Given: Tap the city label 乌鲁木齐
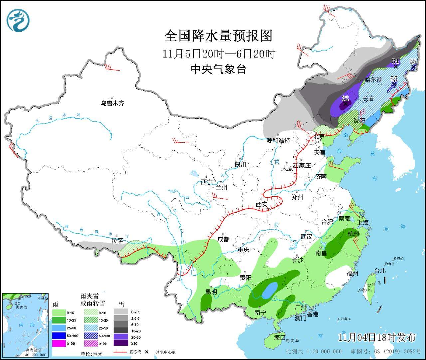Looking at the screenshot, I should (x=113, y=103).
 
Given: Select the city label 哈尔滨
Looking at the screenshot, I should (x=374, y=80).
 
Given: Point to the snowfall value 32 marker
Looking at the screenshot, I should (x=345, y=99).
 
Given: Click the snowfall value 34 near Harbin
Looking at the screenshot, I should (x=395, y=61).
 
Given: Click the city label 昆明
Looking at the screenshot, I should (x=211, y=292).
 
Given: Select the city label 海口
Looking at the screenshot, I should (x=280, y=337).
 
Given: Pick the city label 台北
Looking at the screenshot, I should (x=380, y=271).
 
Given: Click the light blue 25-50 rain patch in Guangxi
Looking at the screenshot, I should (x=270, y=291).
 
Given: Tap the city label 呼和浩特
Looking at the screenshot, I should (x=279, y=140).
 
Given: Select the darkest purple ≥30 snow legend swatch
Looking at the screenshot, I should (x=121, y=343).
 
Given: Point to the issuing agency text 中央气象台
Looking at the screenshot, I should (x=218, y=69).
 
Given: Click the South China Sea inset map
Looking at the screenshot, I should (x=26, y=325).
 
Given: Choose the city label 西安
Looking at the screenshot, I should (x=261, y=205).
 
